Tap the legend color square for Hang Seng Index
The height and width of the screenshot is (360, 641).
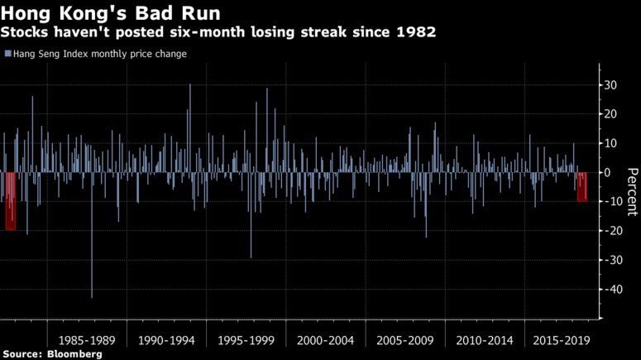pyautogui.click(x=7, y=54)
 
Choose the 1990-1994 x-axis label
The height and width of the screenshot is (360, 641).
pyautogui.click(x=166, y=340)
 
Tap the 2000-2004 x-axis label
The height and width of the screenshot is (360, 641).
pyautogui.click(x=325, y=340)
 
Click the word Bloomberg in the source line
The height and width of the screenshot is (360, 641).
pyautogui.click(x=74, y=354)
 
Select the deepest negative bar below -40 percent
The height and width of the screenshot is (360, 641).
pyautogui.click(x=91, y=248)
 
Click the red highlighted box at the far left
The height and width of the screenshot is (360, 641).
pyautogui.click(x=11, y=201)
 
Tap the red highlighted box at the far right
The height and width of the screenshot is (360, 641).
pyautogui.click(x=582, y=187)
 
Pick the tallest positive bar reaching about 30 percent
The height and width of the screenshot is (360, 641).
pyautogui.click(x=190, y=124)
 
